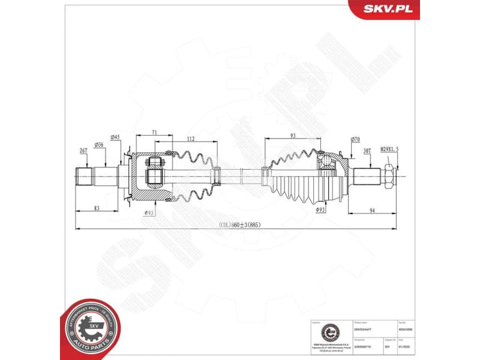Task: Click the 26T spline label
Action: point(83,150)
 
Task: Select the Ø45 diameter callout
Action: point(115,137)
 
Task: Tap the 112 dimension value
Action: point(190,139)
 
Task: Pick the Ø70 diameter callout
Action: point(355,140)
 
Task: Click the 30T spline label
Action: point(367,151)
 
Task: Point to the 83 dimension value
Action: point(97,208)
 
